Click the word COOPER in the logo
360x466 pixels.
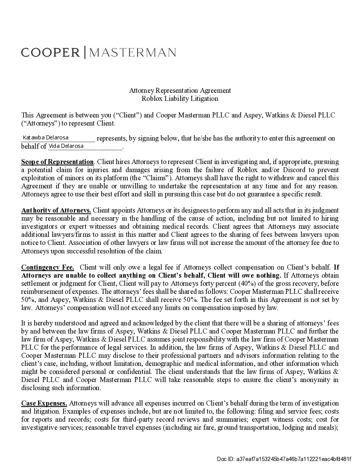[50, 52]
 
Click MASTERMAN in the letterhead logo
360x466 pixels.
[132, 52]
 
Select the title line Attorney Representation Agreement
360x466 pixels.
[180, 91]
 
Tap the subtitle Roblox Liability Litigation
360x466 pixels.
[180, 99]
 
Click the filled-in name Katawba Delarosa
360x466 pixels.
[46, 137]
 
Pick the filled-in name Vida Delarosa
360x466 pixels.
[66, 146]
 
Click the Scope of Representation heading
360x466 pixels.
[57, 162]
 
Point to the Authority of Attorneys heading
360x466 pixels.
[56, 210]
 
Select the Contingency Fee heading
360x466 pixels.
[48, 267]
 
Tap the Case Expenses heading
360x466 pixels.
[44, 403]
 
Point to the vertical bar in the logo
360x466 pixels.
[85, 52]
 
